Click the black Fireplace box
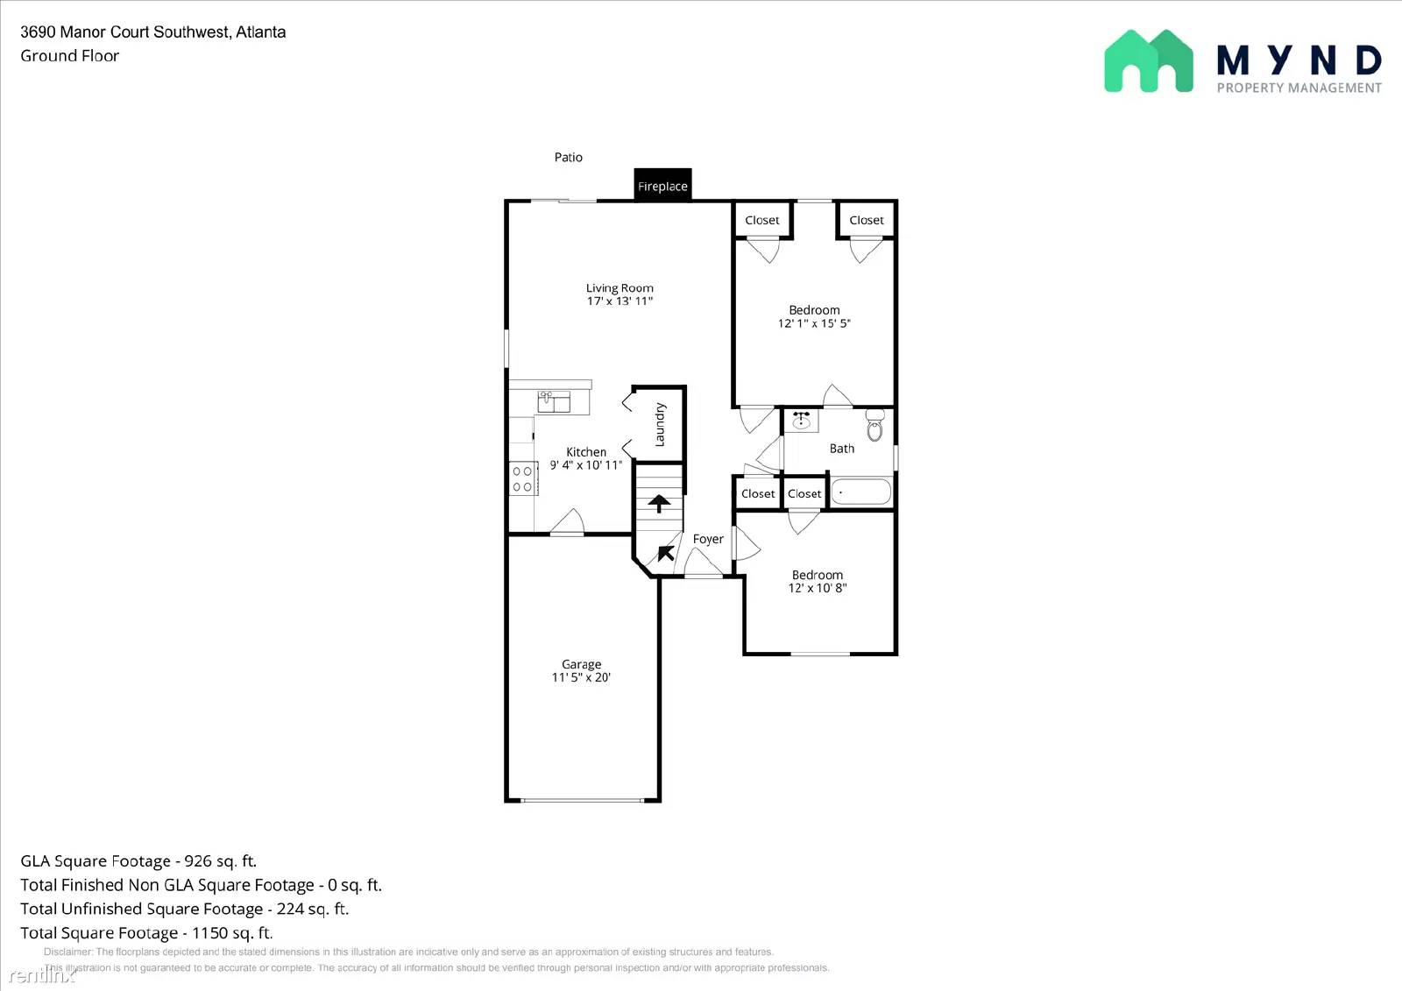pyautogui.click(x=662, y=186)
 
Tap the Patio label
pyautogui.click(x=568, y=158)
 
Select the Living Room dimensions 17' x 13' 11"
pyautogui.click(x=620, y=301)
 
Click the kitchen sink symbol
pyautogui.click(x=554, y=401)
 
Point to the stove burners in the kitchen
pyautogui.click(x=523, y=478)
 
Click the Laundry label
pyautogui.click(x=660, y=424)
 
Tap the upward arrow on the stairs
pyautogui.click(x=659, y=503)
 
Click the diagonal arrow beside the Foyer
pyautogui.click(x=666, y=553)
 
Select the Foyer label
pyautogui.click(x=708, y=540)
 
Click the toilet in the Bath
pyautogui.click(x=874, y=427)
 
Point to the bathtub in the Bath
pyautogui.click(x=860, y=492)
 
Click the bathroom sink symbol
pyautogui.click(x=801, y=421)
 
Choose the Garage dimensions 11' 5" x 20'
pyautogui.click(x=581, y=677)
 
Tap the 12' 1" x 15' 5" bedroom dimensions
pyautogui.click(x=814, y=323)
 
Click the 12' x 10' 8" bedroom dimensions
pyautogui.click(x=817, y=588)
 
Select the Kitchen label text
pyautogui.click(x=586, y=452)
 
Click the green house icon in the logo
pyautogui.click(x=1148, y=61)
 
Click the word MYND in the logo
pyautogui.click(x=1299, y=60)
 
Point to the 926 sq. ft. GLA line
pyautogui.click(x=138, y=861)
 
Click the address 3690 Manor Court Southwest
pyautogui.click(x=125, y=32)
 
